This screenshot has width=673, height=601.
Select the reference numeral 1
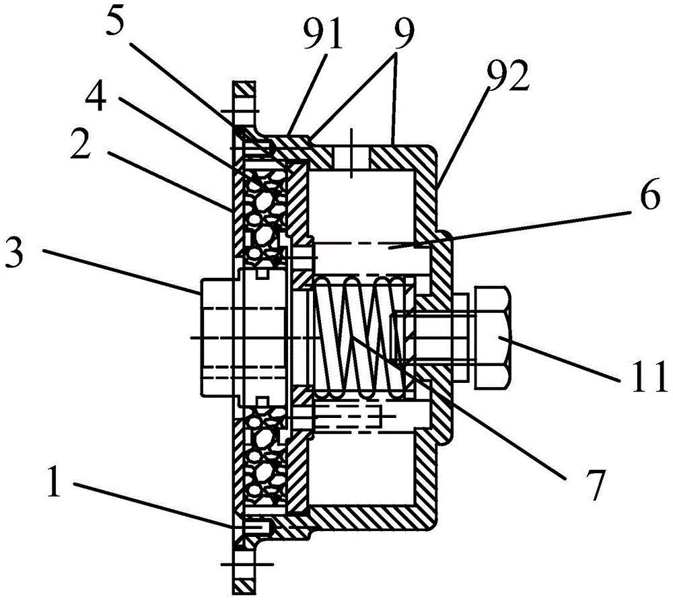click(54, 482)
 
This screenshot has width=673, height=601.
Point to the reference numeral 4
click(96, 97)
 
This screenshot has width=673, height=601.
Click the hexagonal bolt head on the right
click(493, 337)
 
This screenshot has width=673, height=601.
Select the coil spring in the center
click(359, 337)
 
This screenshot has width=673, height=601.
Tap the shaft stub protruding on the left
click(217, 337)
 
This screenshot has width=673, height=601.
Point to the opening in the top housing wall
click(351, 157)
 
